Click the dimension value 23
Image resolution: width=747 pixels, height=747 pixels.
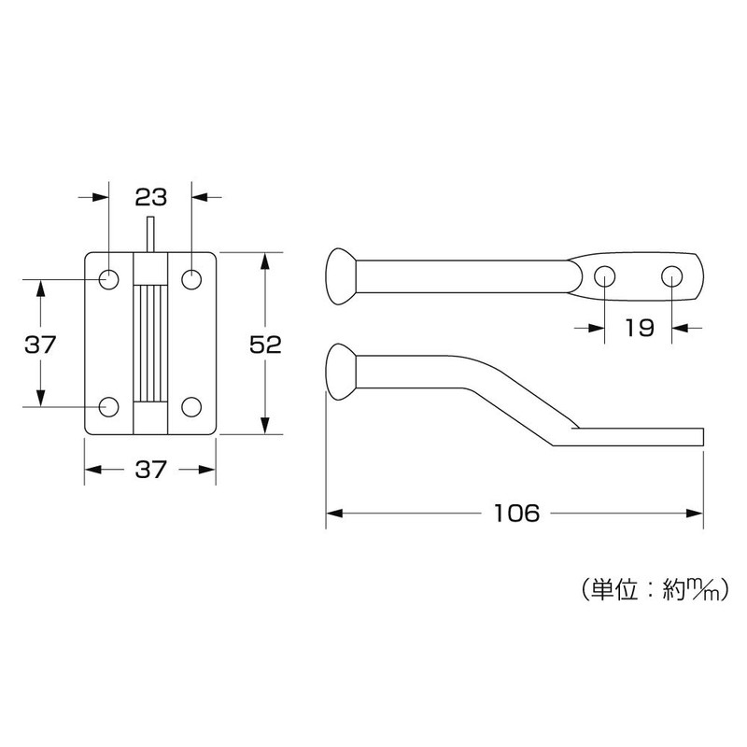click(x=149, y=197)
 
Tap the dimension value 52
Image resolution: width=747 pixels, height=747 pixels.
click(x=266, y=344)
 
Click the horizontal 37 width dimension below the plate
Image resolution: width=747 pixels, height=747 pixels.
click(x=149, y=470)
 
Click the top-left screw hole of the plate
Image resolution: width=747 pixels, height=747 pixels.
click(x=109, y=278)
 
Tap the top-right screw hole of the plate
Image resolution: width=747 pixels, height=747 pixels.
click(x=191, y=278)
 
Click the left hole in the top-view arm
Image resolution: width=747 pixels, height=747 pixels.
click(x=605, y=275)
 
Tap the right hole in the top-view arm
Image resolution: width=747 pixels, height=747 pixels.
click(x=672, y=275)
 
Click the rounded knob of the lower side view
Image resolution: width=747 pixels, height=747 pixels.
click(x=340, y=371)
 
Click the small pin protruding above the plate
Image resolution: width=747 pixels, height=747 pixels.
click(x=149, y=233)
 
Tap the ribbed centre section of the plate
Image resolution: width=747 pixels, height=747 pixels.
click(x=149, y=343)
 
